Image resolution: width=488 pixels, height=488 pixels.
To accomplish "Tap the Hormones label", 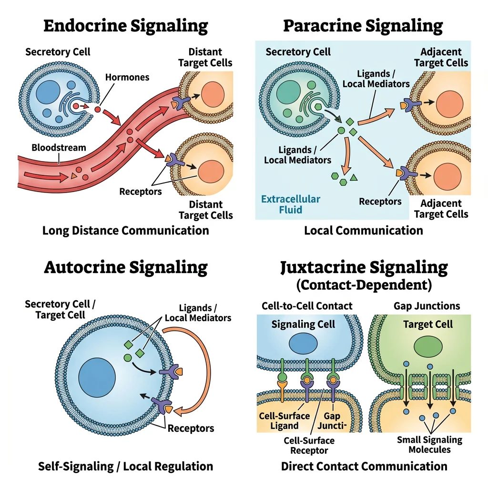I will [127, 77].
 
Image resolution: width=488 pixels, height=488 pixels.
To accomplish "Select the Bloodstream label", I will [59, 147].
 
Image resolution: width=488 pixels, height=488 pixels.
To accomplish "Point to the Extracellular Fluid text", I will [291, 204].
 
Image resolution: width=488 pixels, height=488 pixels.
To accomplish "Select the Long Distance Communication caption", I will [125, 231].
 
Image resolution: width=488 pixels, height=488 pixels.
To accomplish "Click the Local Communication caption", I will [363, 231].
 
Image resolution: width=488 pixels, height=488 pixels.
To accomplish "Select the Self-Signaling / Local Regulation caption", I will [125, 466].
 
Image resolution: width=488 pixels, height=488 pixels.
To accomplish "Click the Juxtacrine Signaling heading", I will [364, 267].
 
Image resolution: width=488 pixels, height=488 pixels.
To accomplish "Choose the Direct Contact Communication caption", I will [364, 466].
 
